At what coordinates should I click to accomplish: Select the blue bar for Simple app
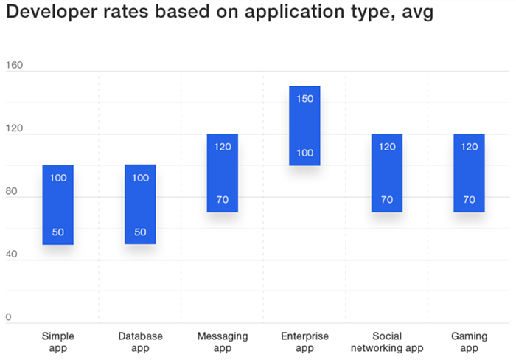pyautogui.click(x=57, y=204)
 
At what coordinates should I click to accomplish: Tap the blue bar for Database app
pyautogui.click(x=140, y=204)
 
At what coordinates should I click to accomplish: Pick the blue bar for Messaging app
pyautogui.click(x=223, y=173)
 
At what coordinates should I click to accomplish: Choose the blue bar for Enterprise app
pyautogui.click(x=304, y=125)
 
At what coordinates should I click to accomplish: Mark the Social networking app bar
pyautogui.click(x=387, y=173)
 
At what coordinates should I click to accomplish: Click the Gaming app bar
pyautogui.click(x=469, y=173)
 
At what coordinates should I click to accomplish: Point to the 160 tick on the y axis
pyautogui.click(x=15, y=65)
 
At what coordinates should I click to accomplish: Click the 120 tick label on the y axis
pyautogui.click(x=15, y=128)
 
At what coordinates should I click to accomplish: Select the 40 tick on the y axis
pyautogui.click(x=15, y=255)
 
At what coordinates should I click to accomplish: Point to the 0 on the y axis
pyautogui.click(x=9, y=317)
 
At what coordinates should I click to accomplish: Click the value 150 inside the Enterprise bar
pyautogui.click(x=304, y=99)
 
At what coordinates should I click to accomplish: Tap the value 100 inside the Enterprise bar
pyautogui.click(x=304, y=153)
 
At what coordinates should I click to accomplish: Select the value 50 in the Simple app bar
pyautogui.click(x=57, y=232)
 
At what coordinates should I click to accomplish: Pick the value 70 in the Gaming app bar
pyautogui.click(x=469, y=199)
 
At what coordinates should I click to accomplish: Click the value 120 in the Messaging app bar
pyautogui.click(x=223, y=146)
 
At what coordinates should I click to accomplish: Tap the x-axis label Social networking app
pyautogui.click(x=387, y=342)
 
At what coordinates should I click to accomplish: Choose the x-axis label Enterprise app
pyautogui.click(x=304, y=342)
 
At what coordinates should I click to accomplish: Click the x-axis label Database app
pyautogui.click(x=140, y=342)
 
